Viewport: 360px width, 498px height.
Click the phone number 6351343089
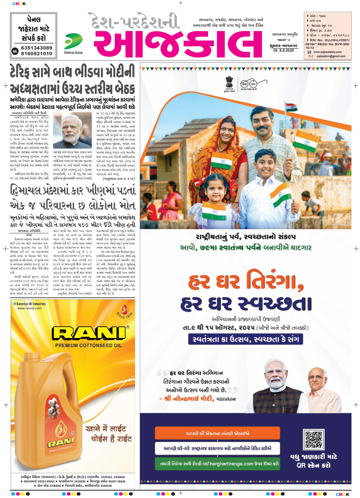click(37, 48)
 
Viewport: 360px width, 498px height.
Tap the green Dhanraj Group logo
click(73, 42)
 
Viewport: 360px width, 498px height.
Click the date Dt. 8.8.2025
click(284, 50)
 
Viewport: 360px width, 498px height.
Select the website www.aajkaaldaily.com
click(327, 52)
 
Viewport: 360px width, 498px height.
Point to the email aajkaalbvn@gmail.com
click(331, 56)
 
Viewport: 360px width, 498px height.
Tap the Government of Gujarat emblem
click(229, 83)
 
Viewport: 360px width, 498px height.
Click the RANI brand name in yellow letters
click(89, 333)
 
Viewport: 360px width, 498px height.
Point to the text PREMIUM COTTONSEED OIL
click(89, 345)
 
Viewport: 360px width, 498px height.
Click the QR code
click(313, 439)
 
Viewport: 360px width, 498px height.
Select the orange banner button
click(217, 433)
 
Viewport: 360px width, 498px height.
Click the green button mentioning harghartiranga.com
click(217, 464)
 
